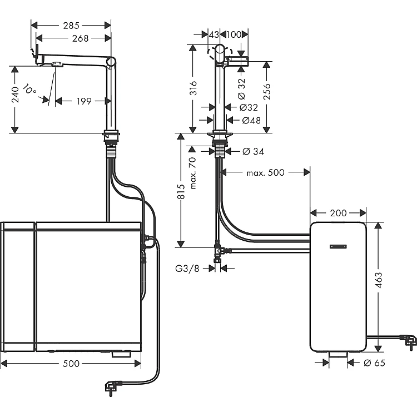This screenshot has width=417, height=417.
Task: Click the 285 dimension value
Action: click(x=71, y=25)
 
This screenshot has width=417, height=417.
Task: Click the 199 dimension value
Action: click(x=84, y=101)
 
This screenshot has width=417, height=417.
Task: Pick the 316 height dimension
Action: click(x=193, y=89)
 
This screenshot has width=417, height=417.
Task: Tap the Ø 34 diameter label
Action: click(x=253, y=151)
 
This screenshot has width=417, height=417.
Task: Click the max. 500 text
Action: click(x=265, y=173)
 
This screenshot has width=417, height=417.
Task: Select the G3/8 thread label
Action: click(x=188, y=267)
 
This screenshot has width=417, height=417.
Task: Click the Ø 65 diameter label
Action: click(x=374, y=363)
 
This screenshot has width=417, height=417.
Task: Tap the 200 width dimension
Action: click(x=337, y=213)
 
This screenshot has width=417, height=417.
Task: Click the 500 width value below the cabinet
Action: click(x=71, y=364)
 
